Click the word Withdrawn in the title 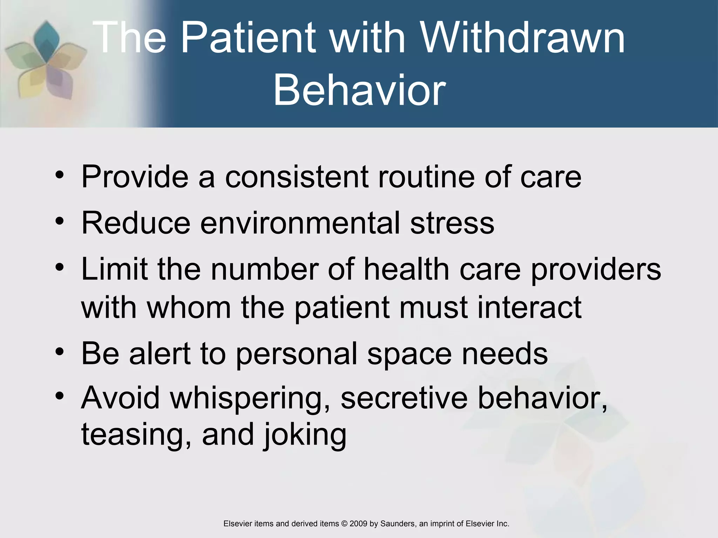point(522,38)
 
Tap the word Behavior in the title point(359,90)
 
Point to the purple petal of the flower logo point(58,82)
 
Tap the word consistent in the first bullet point(296,177)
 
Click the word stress point(452,223)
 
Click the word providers point(596,270)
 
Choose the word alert point(160,353)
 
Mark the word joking point(305,435)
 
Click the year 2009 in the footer point(358,524)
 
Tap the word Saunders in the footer point(397,524)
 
